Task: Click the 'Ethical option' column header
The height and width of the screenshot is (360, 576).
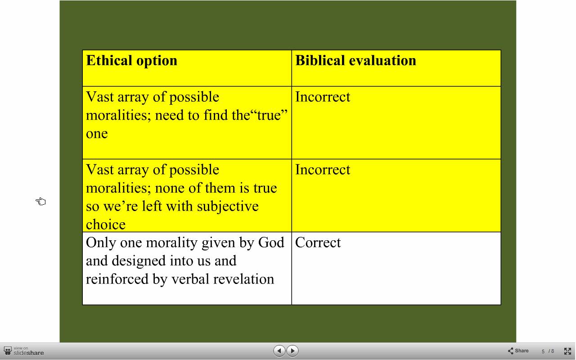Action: coord(132,61)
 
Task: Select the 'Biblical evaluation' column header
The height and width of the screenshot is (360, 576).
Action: coord(355,61)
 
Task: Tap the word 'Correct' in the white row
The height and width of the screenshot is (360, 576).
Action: coord(318,243)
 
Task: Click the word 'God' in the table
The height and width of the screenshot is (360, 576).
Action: coord(271,243)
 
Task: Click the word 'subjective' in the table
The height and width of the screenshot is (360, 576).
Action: coord(228,207)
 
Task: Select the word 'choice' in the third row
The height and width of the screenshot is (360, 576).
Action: coord(106,225)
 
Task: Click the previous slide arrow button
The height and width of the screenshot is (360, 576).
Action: coord(279,351)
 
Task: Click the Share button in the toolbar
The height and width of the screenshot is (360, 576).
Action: coord(518,351)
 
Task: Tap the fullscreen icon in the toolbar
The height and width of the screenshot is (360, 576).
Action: coord(567,351)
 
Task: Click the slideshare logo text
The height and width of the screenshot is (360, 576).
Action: coord(28,353)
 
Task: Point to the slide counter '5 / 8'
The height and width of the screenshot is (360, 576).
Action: coord(548,351)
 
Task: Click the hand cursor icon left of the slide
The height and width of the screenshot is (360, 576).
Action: coord(40,201)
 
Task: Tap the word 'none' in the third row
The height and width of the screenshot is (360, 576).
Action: coord(170,188)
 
